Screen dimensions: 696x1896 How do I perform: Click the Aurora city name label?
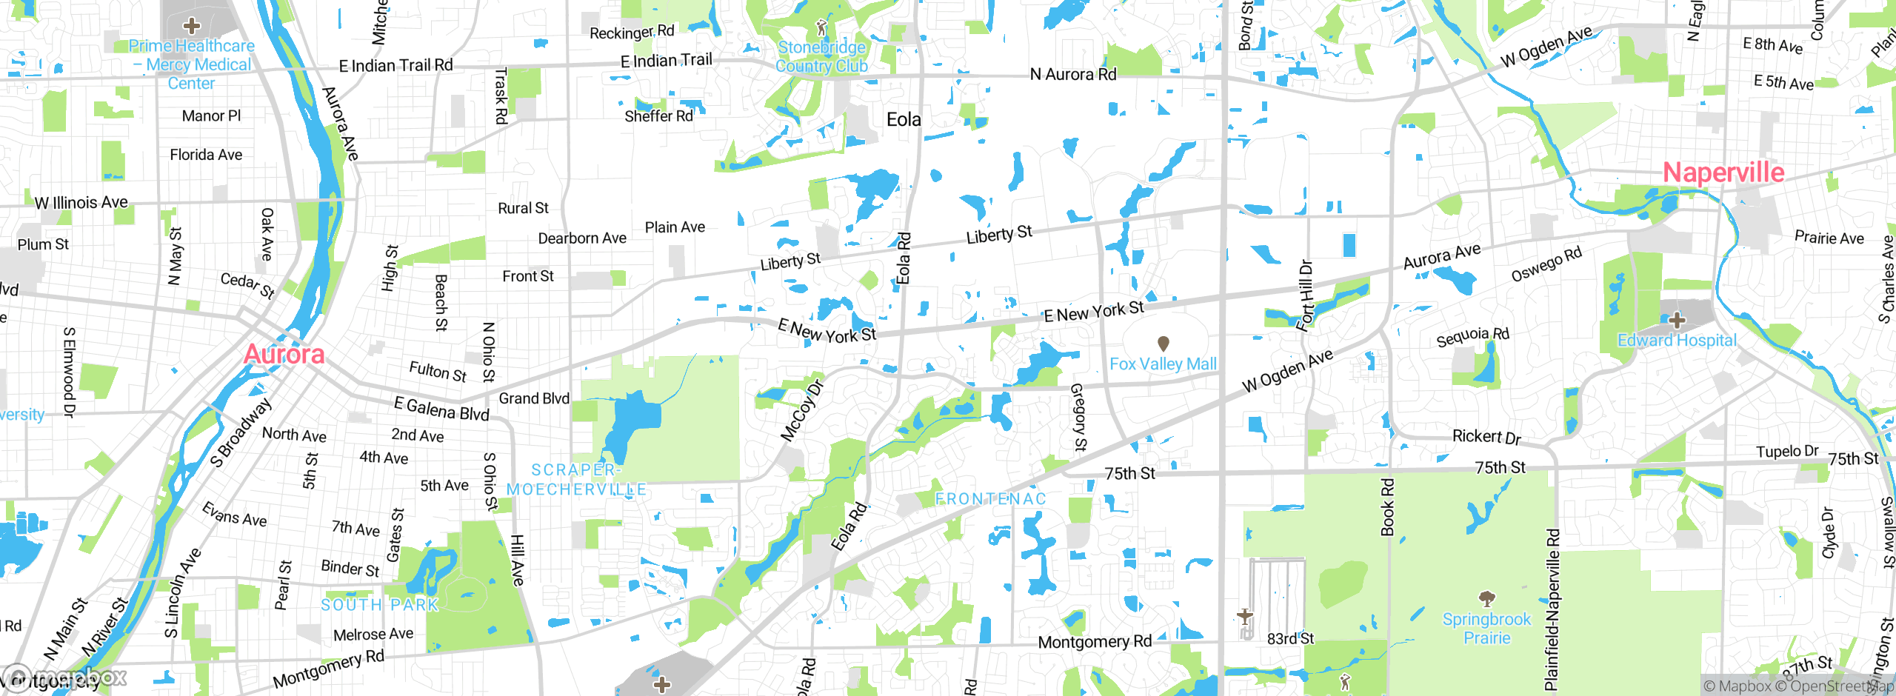pos(284,355)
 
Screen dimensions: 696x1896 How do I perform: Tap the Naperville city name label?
pos(1723,173)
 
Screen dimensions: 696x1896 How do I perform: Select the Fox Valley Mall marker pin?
pos(1163,344)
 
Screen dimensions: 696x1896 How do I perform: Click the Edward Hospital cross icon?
pos(1677,321)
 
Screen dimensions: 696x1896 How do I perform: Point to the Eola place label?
pos(904,119)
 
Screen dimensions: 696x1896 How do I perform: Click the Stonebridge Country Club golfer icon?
pos(821,28)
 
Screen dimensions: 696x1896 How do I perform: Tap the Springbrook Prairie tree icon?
pos(1486,598)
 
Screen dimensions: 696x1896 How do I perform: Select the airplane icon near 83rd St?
pos(1245,615)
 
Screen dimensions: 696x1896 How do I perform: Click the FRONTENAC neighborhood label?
pos(990,499)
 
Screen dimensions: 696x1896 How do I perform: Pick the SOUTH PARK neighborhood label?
pos(379,605)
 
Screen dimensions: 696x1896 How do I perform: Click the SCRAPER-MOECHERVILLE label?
pos(576,480)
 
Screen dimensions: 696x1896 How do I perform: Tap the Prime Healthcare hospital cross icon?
pos(192,26)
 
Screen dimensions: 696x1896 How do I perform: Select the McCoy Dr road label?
pos(801,411)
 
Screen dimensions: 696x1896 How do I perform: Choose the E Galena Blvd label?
pos(441,409)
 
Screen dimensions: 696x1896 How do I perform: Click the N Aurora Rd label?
pos(1072,74)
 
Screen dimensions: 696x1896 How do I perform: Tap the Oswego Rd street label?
pos(1546,264)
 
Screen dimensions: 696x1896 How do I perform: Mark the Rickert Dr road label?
pos(1486,437)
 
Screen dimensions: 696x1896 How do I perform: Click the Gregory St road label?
pos(1078,417)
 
